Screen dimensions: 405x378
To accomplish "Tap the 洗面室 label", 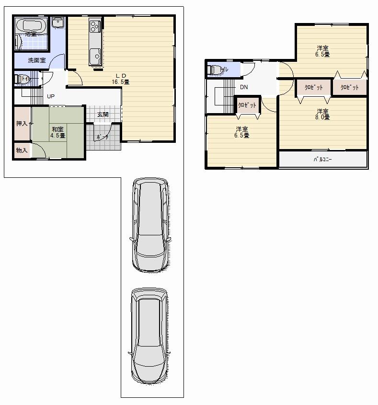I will click(x=36, y=60).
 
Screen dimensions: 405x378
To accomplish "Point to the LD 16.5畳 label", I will click(x=120, y=79).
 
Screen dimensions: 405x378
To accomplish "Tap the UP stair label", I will click(x=50, y=96).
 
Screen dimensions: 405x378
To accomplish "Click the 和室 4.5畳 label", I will click(x=58, y=132).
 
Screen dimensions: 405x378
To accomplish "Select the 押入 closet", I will click(x=22, y=124).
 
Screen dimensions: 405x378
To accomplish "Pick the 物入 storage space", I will click(x=22, y=150).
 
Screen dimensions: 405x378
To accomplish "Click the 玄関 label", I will click(x=103, y=115).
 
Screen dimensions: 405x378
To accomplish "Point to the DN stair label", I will click(x=244, y=87).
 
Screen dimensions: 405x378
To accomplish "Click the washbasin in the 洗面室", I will click(x=58, y=23).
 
